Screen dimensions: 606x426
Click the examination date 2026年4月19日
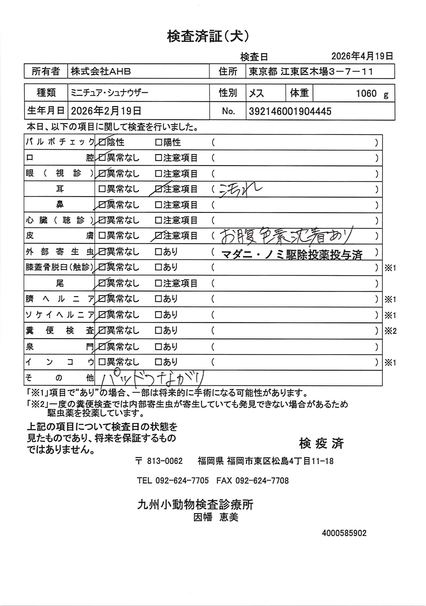(x=362, y=56)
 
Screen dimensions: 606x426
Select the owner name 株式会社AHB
(x=101, y=72)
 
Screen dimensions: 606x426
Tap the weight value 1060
(x=366, y=93)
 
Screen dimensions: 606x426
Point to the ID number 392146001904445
(x=290, y=112)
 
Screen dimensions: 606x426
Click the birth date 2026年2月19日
(x=106, y=111)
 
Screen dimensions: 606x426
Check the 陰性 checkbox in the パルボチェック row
(x=102, y=143)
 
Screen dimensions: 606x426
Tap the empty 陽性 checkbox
(x=158, y=143)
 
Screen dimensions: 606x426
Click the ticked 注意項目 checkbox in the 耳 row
(x=158, y=189)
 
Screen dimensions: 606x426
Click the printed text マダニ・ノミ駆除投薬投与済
(x=292, y=255)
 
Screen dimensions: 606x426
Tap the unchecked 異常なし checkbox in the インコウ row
(x=102, y=362)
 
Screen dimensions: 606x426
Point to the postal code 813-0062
(x=165, y=461)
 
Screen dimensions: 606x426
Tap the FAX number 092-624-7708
(x=262, y=480)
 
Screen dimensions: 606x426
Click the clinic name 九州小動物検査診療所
(x=195, y=504)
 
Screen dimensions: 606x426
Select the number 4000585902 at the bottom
(x=344, y=533)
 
